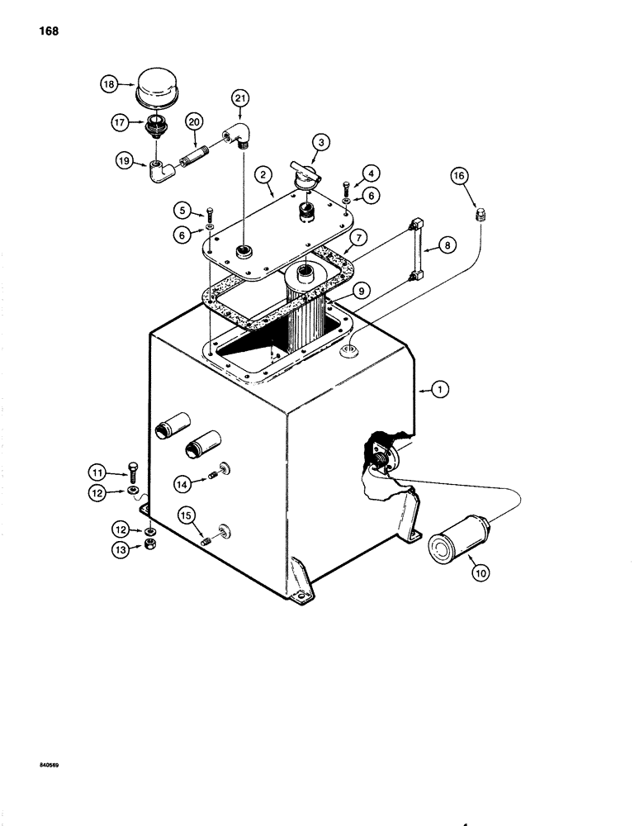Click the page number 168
pyautogui.click(x=46, y=32)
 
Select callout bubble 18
pyautogui.click(x=109, y=84)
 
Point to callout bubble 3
pyautogui.click(x=324, y=142)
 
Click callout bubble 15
pyautogui.click(x=187, y=515)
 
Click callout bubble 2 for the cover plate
pyautogui.click(x=263, y=175)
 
